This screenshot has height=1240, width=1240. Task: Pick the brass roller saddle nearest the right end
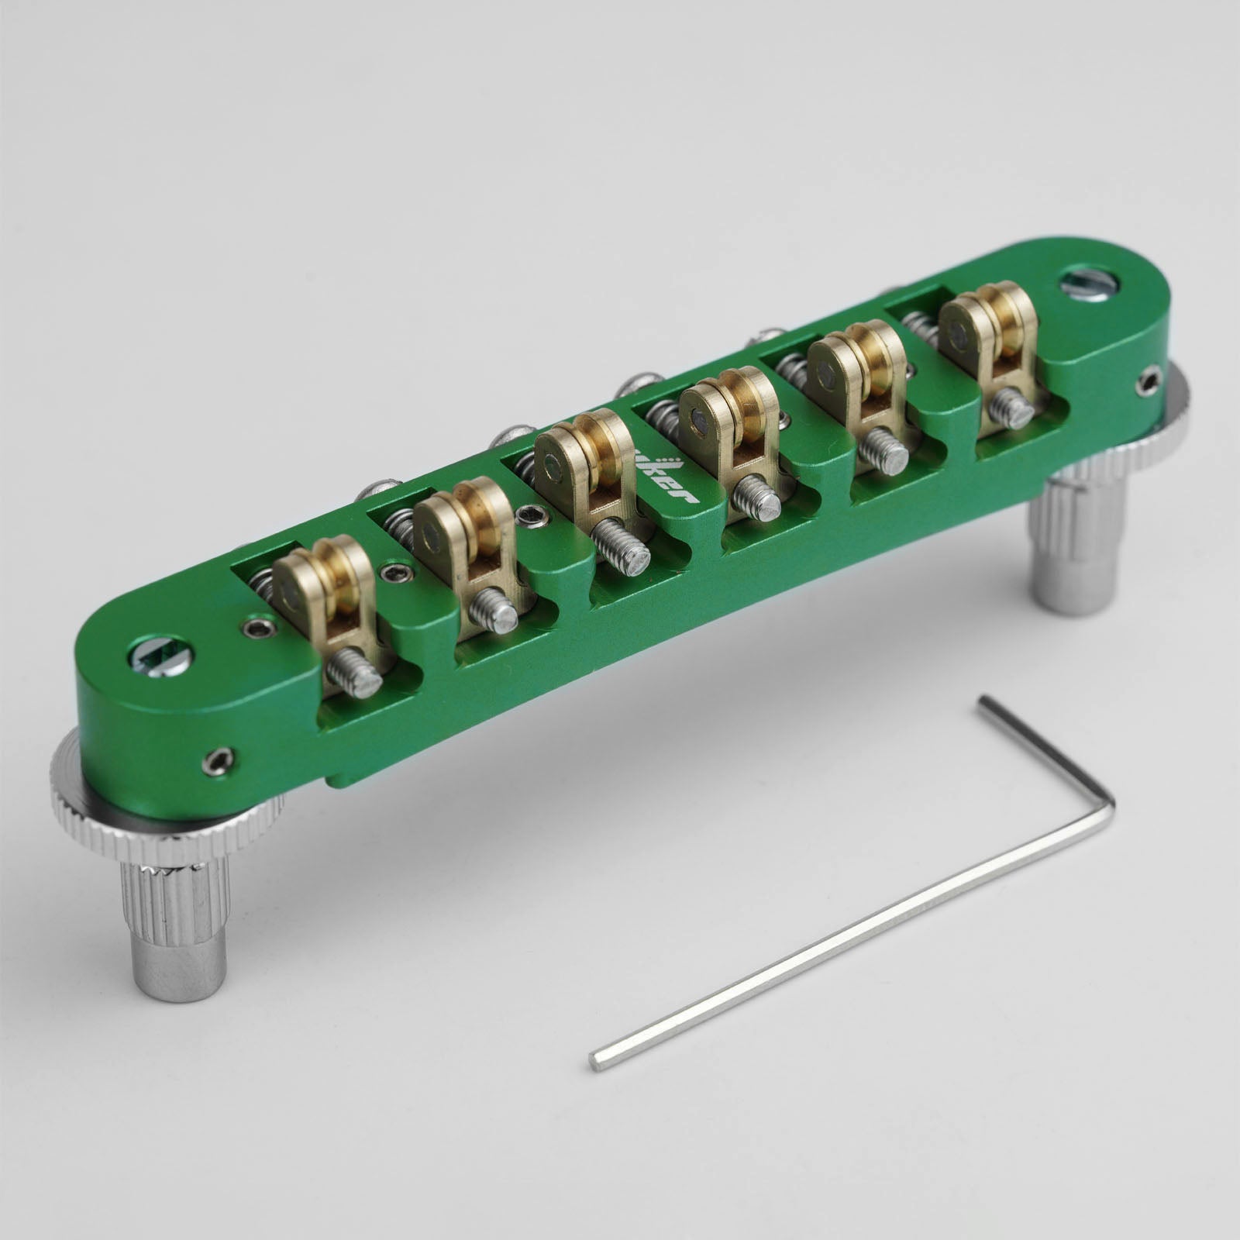pos(984,325)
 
